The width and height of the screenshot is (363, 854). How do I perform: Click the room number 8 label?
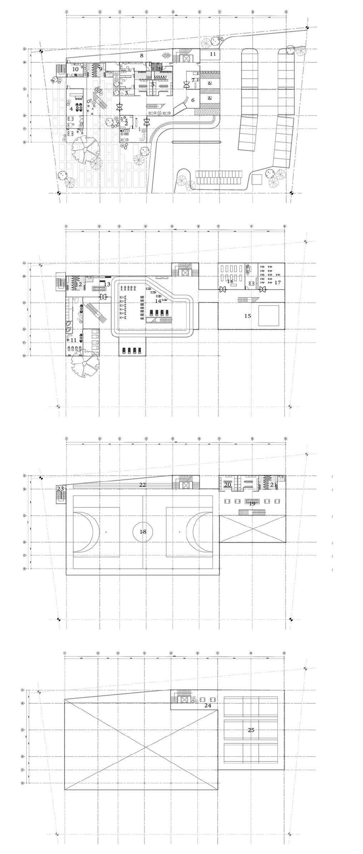pos(142,55)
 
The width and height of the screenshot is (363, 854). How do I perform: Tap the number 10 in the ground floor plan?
pos(75,69)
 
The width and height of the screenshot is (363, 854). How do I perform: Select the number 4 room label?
pos(71,108)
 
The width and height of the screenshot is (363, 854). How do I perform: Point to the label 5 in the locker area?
pos(153,85)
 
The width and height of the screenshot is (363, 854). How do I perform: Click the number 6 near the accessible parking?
pos(193,100)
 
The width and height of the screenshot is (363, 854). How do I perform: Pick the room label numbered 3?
pos(126,93)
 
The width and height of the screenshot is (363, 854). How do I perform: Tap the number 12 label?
pos(79,284)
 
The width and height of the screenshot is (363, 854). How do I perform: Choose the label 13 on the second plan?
pos(107,284)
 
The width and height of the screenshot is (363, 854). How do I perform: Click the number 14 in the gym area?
pos(158,301)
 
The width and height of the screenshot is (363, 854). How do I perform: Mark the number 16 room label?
pos(230,282)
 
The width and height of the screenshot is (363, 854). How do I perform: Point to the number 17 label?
pos(278,282)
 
